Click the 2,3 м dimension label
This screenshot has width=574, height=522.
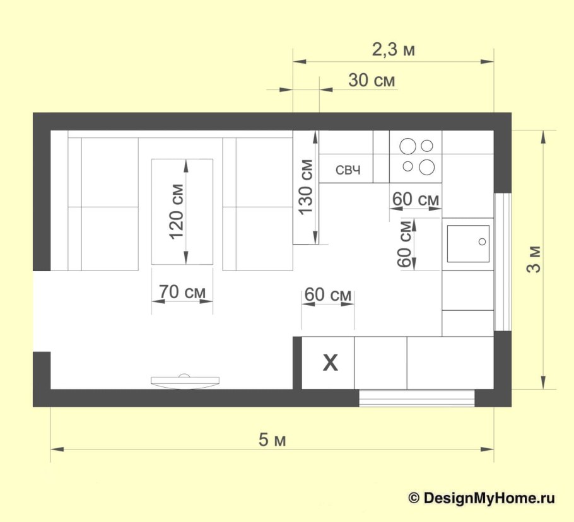(x=394, y=50)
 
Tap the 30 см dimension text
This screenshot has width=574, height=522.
(x=372, y=81)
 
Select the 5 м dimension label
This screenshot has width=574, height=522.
(x=272, y=439)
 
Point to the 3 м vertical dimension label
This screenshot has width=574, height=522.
(x=534, y=259)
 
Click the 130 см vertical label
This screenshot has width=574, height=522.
(x=305, y=187)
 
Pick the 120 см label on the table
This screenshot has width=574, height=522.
(x=176, y=211)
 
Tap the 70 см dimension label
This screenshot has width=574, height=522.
(x=182, y=292)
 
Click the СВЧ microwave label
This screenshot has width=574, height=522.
(x=348, y=170)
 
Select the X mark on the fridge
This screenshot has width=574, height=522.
(x=330, y=363)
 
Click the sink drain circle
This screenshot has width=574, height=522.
(x=482, y=242)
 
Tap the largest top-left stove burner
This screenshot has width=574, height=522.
(x=407, y=146)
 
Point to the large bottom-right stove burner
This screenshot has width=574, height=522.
(x=426, y=167)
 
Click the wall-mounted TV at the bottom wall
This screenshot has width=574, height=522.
(x=185, y=381)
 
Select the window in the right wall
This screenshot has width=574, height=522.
(x=502, y=262)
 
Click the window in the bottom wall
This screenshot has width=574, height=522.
(x=416, y=398)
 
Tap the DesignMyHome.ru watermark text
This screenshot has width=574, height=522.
(x=489, y=498)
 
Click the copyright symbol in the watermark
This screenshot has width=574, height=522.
(x=414, y=498)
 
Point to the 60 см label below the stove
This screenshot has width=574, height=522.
(x=416, y=199)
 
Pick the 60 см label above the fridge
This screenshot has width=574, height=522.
(x=327, y=294)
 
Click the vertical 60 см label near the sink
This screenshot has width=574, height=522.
(x=404, y=244)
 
